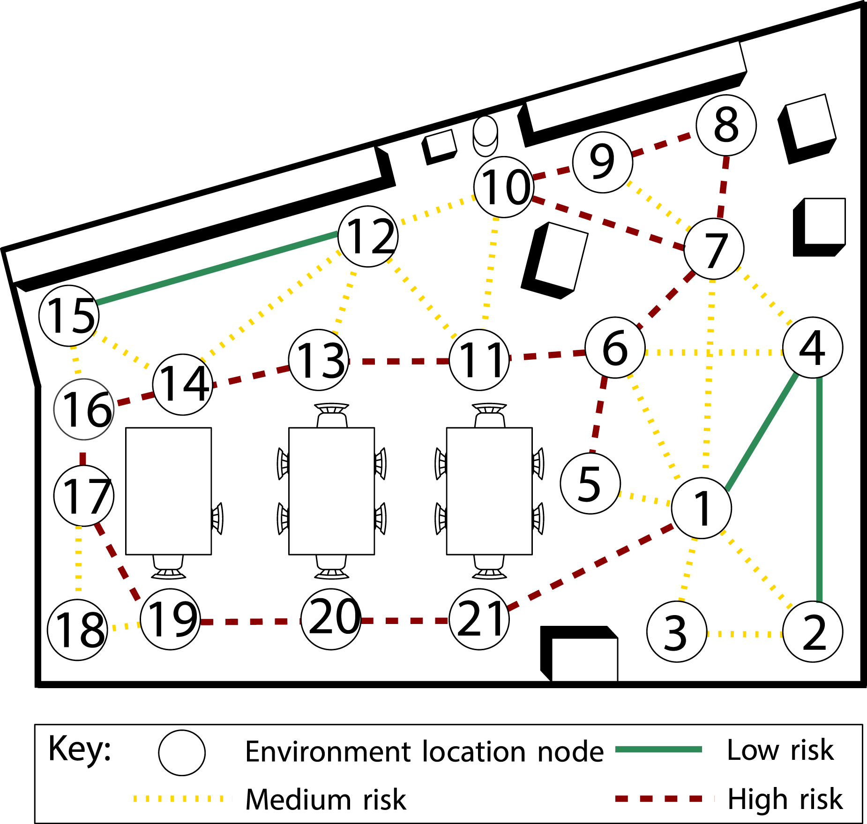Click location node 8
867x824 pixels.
726,126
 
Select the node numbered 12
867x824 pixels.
368,237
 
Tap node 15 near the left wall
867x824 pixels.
69,316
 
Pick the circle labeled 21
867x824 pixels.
479,619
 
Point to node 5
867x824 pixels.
590,483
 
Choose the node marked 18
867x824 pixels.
78,630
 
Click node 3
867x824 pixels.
677,631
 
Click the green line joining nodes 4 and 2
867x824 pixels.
819,490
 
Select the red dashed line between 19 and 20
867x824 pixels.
251,622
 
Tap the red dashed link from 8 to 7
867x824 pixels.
722,187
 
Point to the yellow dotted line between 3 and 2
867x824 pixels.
745,634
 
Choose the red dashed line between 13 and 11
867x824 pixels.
399,361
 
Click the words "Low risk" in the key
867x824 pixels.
780,750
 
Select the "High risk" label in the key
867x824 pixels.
785,799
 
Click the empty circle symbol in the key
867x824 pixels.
182,753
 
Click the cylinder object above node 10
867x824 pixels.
485,136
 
